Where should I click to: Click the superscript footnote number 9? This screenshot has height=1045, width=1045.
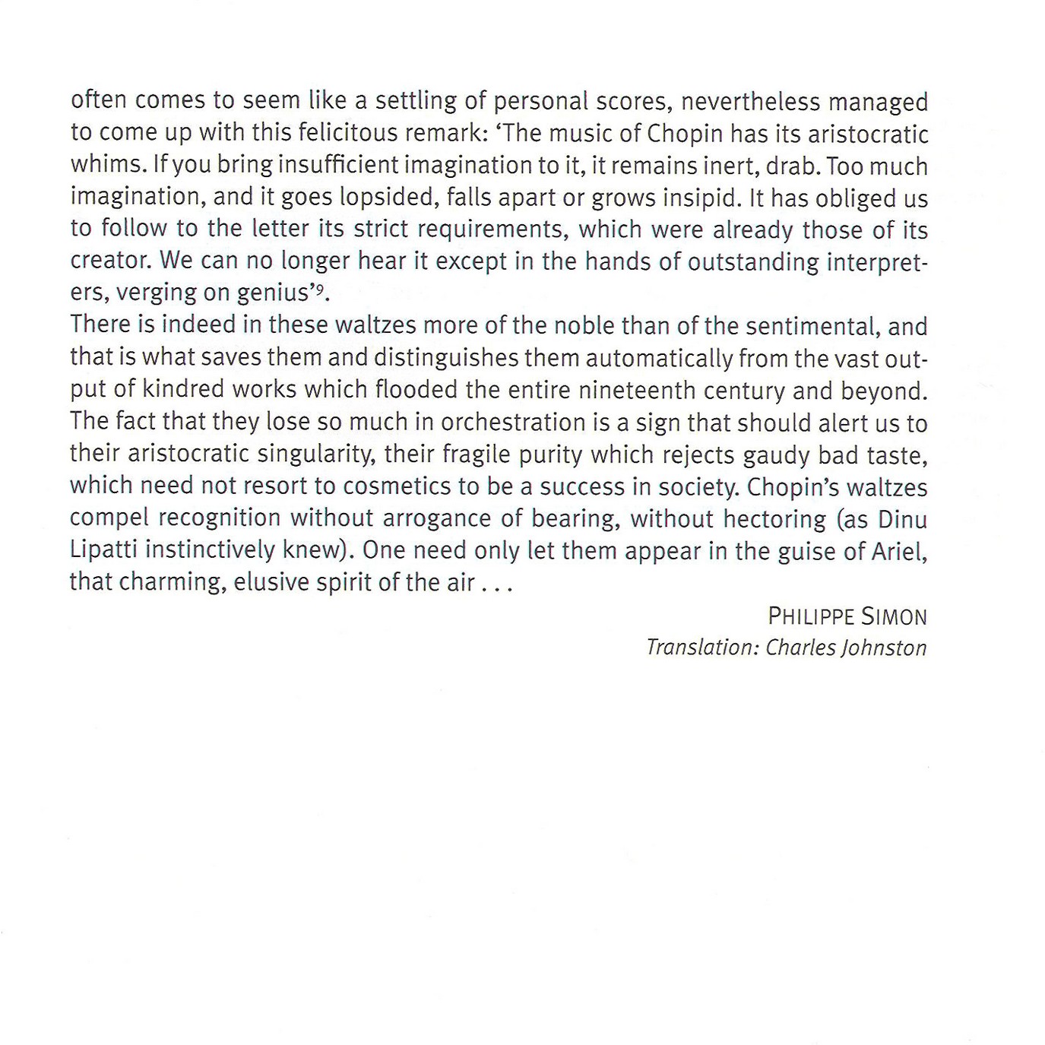321,287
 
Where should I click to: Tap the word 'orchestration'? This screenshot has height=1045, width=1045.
513,422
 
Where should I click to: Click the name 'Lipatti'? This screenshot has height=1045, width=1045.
104,549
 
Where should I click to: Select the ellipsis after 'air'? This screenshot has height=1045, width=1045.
498,584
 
